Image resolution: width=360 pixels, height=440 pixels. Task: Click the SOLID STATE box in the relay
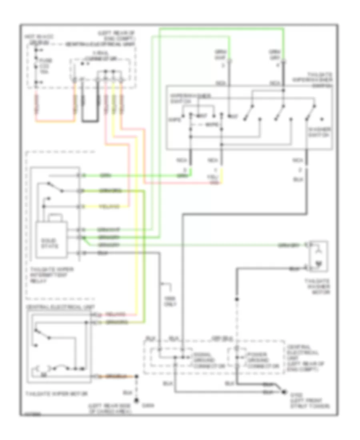tap(52, 242)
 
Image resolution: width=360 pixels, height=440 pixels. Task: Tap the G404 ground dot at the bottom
tap(137, 400)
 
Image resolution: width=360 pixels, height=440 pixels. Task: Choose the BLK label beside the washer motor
tap(294, 268)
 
